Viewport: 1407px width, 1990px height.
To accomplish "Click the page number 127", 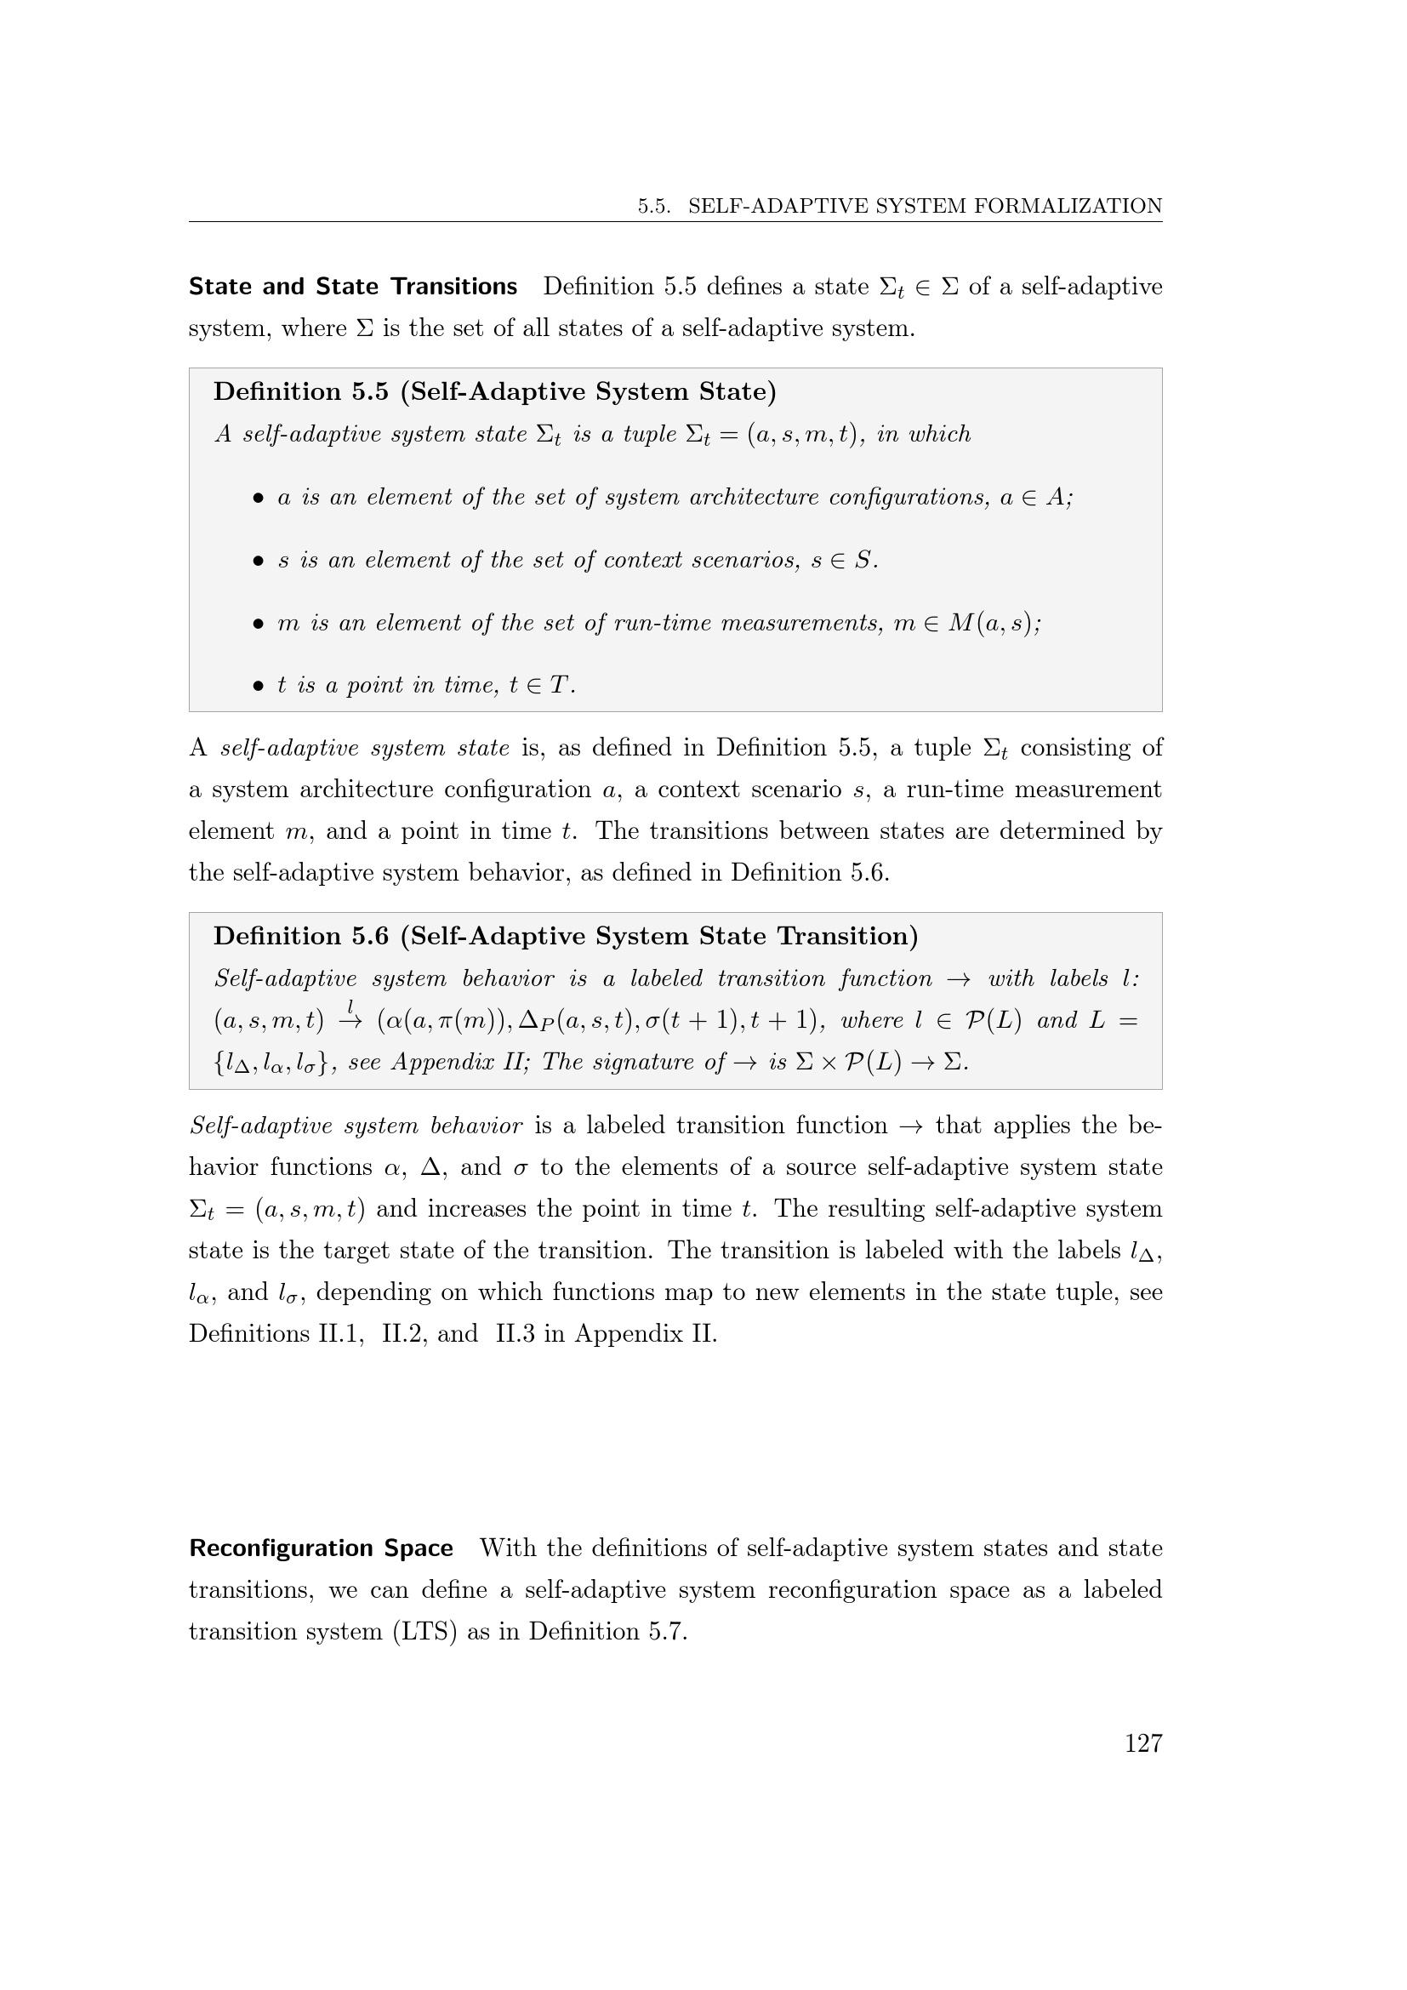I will coord(1142,1743).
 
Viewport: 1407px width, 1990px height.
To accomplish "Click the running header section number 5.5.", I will coord(654,206).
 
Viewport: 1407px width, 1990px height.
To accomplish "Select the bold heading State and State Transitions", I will coord(353,287).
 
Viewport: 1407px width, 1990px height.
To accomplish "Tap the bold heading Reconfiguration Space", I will coord(321,1548).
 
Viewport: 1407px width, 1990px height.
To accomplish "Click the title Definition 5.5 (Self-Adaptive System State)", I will coord(495,391).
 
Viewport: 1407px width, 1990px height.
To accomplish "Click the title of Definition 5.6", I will coord(566,936).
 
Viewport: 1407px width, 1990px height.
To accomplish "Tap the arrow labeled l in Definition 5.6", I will coord(350,1020).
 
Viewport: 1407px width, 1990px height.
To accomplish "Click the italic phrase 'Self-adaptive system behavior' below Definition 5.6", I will coord(356,1126).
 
